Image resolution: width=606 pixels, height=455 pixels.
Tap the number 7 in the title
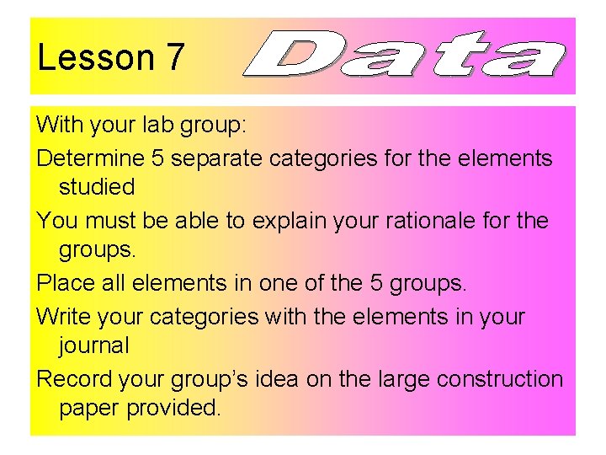coord(175,58)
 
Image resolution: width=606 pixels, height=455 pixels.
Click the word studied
coord(97,185)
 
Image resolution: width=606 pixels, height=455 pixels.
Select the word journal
coord(94,345)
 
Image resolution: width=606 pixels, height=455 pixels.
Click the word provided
coord(172,408)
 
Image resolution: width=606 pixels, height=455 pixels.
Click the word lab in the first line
coord(160,125)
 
